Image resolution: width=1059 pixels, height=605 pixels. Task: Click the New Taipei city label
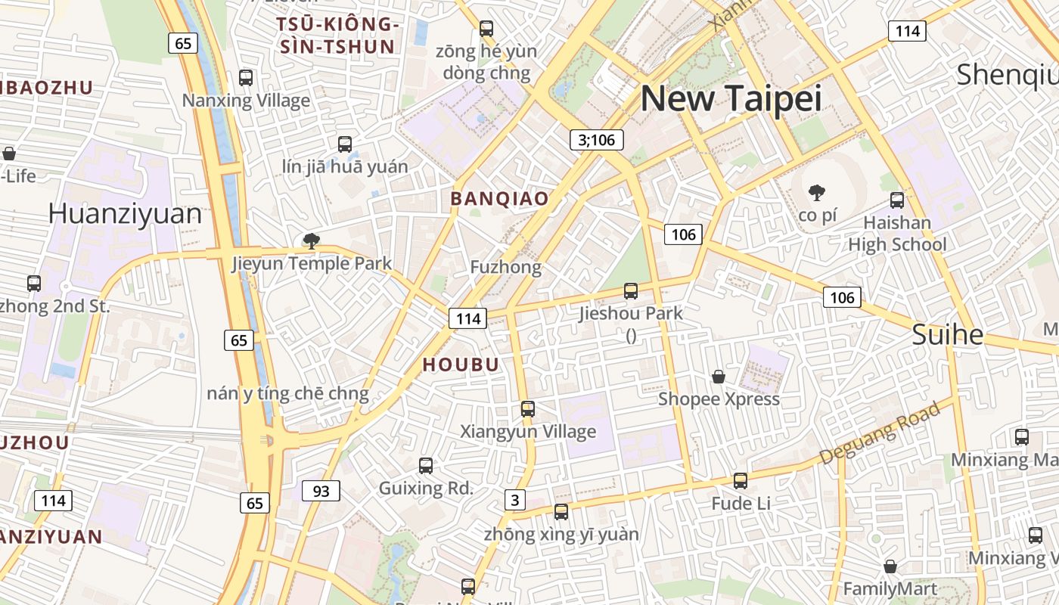(731, 99)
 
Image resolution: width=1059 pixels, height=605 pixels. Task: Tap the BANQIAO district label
(499, 199)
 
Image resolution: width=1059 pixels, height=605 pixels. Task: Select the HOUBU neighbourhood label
(461, 365)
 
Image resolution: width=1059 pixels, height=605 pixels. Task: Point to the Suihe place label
(947, 334)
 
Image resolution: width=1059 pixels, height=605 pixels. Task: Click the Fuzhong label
(505, 267)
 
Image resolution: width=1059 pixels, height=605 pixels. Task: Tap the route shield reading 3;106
(597, 139)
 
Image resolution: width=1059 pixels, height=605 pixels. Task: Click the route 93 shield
(321, 491)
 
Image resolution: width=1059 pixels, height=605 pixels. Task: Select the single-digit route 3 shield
(515, 499)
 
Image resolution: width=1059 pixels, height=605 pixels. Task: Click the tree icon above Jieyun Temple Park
(310, 241)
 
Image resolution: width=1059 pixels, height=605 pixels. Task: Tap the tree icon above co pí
(816, 193)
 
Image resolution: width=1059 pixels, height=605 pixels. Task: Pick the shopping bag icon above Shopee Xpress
(718, 377)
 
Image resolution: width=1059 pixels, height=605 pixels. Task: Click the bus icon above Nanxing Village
(245, 77)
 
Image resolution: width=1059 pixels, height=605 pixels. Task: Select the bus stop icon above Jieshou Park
(630, 290)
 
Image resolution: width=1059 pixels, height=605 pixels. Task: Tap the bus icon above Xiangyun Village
(527, 409)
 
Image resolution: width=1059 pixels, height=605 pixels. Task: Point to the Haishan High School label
(897, 234)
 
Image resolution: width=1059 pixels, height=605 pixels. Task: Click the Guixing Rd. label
(426, 488)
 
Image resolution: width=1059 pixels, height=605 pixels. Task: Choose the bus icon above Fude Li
(740, 481)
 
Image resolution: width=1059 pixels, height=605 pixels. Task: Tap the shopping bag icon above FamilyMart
(890, 566)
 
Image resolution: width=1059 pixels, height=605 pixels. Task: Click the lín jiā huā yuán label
(344, 166)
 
